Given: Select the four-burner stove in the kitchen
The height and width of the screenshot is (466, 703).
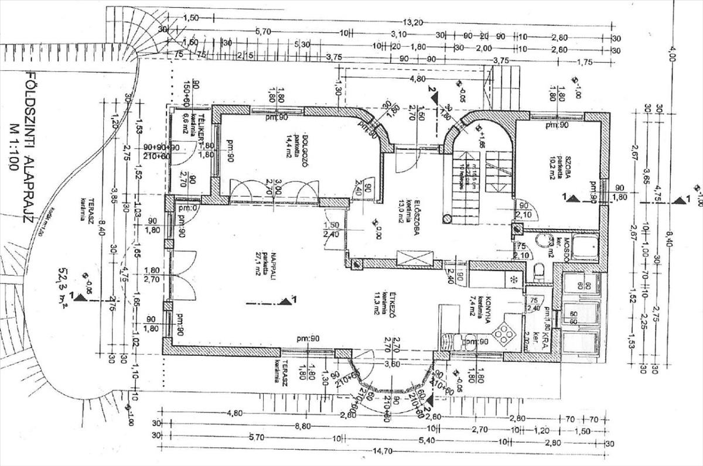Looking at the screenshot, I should [x=503, y=335].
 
